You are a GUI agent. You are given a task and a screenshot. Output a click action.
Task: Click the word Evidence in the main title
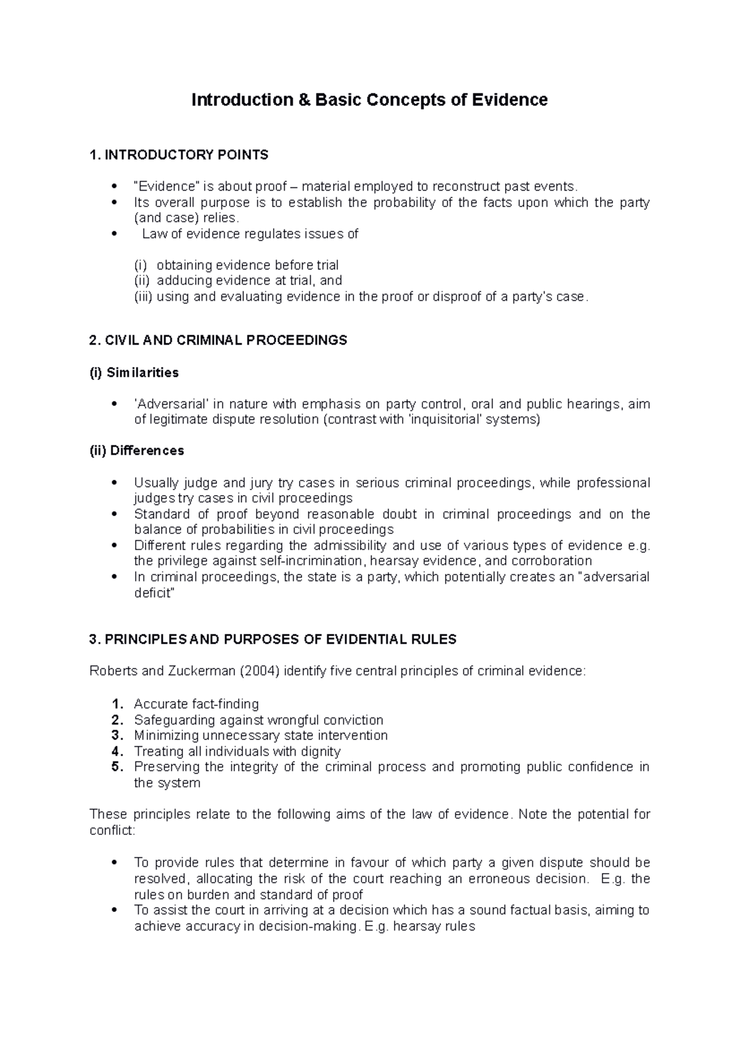tap(509, 100)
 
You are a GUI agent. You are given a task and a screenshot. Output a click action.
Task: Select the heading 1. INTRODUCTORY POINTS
tap(179, 155)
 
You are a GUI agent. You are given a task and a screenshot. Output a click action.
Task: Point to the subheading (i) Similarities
tap(134, 372)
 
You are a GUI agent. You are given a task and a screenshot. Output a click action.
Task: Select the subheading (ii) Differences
tap(136, 451)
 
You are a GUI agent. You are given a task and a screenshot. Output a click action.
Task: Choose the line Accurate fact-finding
tap(196, 704)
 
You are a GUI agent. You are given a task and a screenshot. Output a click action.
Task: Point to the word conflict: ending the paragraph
tap(112, 831)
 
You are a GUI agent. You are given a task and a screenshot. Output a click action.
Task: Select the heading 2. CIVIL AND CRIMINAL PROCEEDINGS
tap(218, 340)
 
